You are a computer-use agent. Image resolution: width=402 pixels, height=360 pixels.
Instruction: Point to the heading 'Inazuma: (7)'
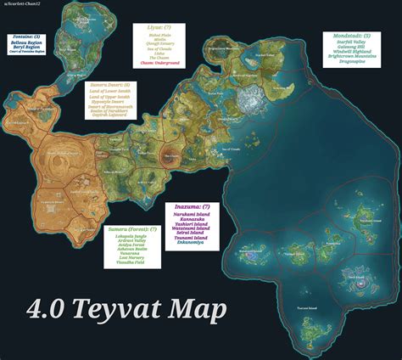click(x=190, y=207)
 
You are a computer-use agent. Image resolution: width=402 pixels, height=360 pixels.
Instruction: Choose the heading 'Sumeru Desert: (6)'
click(x=109, y=85)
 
